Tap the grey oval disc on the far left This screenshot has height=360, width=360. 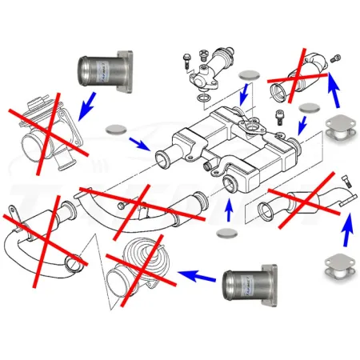pos(118,128)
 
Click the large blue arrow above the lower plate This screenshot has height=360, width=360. pos(346,231)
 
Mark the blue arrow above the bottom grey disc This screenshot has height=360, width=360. pos(230,209)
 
